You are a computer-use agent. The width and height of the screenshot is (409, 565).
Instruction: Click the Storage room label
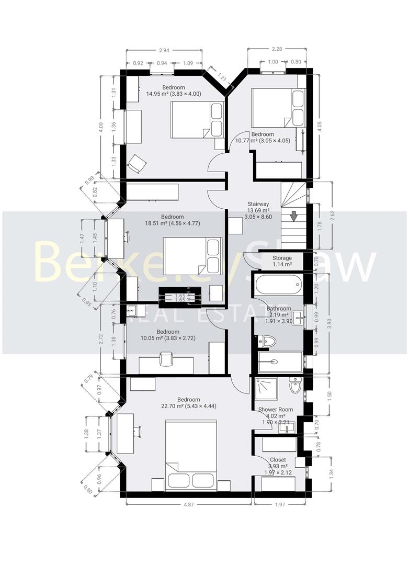click(282, 258)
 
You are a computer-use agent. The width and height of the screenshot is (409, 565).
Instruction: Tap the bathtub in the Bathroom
click(277, 286)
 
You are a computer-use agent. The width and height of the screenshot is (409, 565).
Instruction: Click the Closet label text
click(278, 460)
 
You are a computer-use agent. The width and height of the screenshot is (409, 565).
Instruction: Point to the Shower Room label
click(275, 410)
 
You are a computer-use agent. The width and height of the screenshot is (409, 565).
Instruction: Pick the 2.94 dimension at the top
click(164, 51)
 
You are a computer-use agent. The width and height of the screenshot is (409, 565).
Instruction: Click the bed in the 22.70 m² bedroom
click(191, 454)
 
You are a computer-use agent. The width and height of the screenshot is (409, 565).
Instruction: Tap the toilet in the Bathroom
click(267, 341)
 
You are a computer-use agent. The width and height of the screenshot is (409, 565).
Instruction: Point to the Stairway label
click(258, 204)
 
